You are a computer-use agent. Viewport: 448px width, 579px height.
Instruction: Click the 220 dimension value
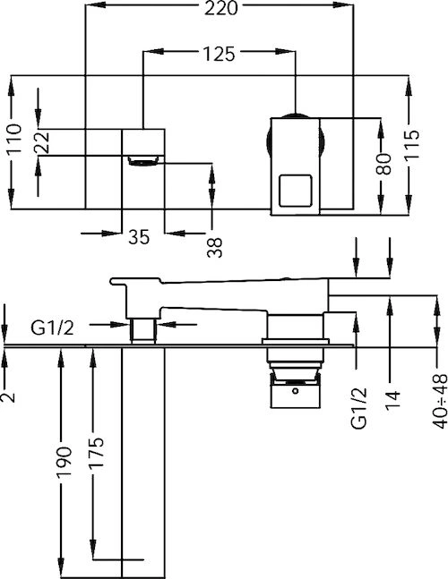pos(221,8)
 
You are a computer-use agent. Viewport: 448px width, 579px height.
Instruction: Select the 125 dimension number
pos(219,54)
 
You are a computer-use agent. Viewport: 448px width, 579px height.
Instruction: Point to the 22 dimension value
pos(41,142)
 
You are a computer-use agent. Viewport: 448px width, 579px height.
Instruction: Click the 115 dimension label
pos(411,144)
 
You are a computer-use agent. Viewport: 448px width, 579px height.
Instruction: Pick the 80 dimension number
pos(383,164)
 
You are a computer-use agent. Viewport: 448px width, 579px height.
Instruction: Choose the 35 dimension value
pos(139,236)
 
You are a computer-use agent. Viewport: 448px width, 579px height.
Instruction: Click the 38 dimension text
pos(215,247)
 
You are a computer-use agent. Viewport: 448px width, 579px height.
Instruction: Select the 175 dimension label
pos(96,453)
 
